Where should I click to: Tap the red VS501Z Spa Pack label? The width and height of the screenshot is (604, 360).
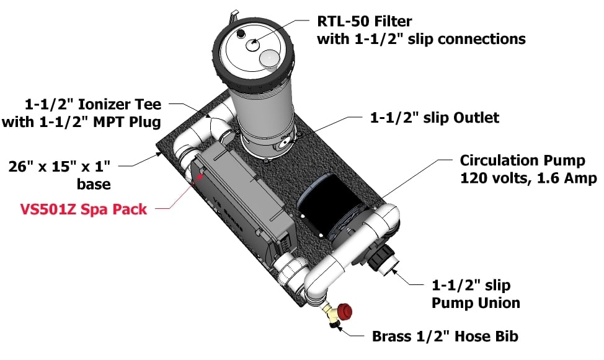[84, 209]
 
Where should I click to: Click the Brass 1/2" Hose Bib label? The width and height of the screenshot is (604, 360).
[445, 336]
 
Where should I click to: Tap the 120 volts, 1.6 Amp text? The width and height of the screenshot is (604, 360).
[528, 178]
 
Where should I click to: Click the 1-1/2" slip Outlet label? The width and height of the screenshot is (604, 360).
[434, 117]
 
